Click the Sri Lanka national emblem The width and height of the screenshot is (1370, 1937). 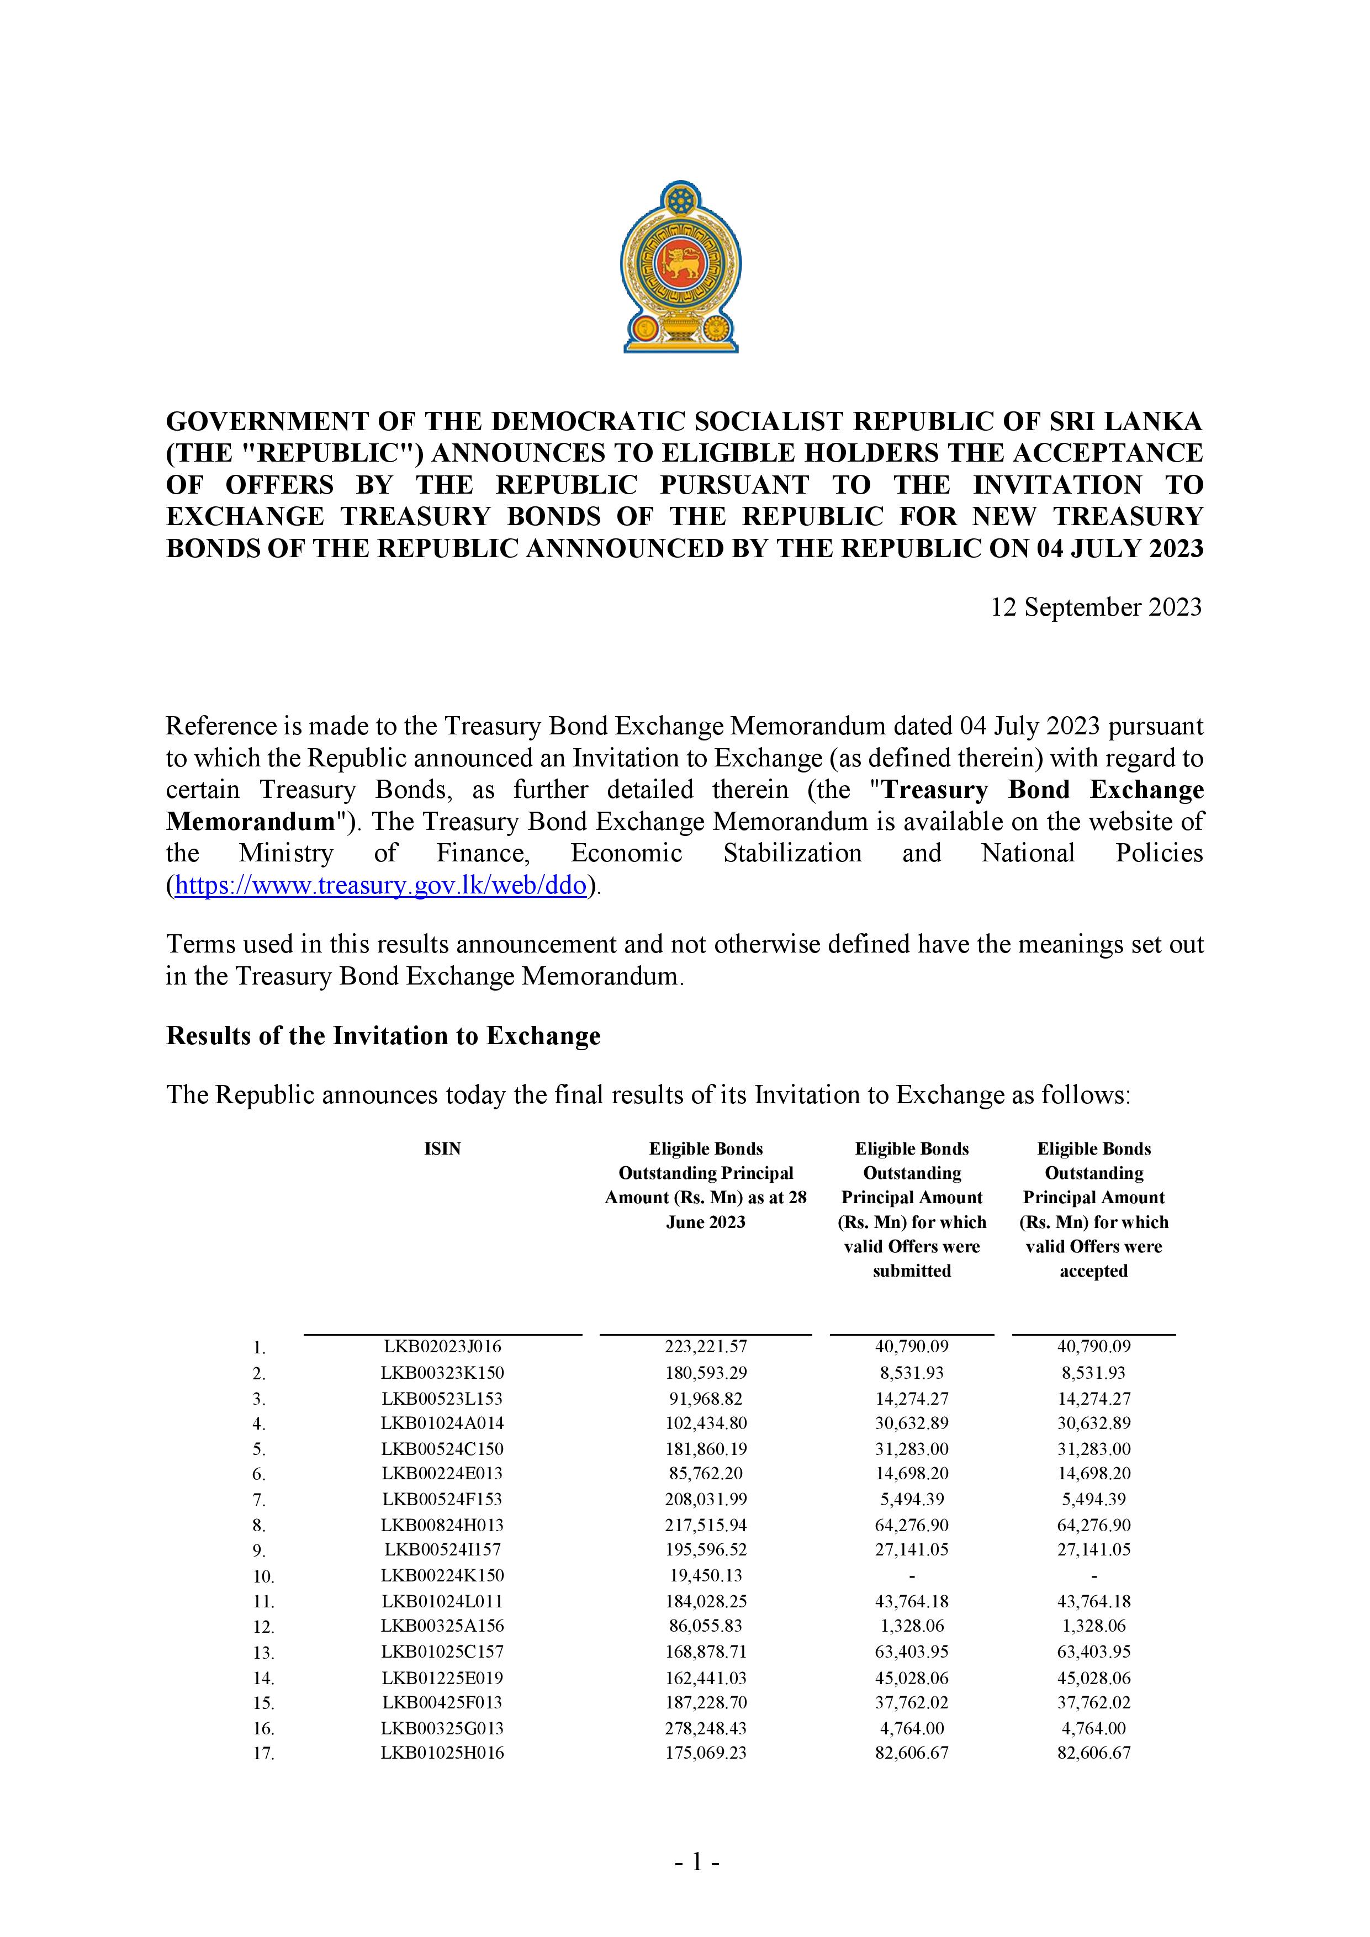point(680,267)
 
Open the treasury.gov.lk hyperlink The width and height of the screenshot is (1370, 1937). point(379,886)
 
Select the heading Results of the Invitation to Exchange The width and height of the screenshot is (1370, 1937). point(383,1036)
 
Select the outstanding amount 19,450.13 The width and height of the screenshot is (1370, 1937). point(705,1575)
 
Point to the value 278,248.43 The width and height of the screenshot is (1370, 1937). point(705,1727)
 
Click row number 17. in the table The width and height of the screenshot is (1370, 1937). point(263,1754)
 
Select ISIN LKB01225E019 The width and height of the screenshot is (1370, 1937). point(442,1677)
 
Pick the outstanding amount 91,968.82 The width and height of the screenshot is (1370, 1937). point(705,1398)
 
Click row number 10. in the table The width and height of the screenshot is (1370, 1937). point(263,1576)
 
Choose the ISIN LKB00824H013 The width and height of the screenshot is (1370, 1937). point(442,1525)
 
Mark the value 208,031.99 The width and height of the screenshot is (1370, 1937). point(705,1499)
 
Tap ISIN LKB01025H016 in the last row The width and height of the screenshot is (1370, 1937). point(442,1753)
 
